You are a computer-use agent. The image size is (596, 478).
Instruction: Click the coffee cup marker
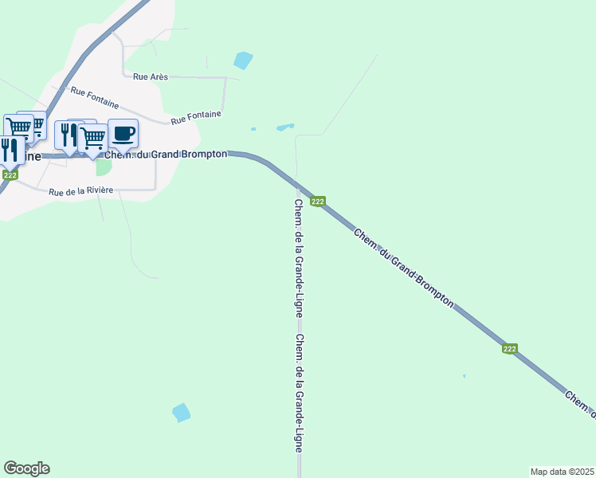pyautogui.click(x=123, y=133)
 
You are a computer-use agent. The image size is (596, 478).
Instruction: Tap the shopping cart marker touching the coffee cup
pyautogui.click(x=93, y=139)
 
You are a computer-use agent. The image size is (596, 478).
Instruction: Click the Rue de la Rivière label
pyautogui.click(x=80, y=191)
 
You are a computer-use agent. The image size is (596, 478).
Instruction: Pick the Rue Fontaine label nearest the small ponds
pyautogui.click(x=195, y=118)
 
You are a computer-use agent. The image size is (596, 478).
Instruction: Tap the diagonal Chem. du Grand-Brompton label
pyautogui.click(x=404, y=268)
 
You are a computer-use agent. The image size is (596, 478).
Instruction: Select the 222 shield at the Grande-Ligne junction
pyautogui.click(x=317, y=202)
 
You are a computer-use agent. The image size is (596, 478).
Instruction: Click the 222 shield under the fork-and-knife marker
pyautogui.click(x=10, y=174)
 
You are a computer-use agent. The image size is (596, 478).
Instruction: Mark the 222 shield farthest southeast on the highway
pyautogui.click(x=510, y=349)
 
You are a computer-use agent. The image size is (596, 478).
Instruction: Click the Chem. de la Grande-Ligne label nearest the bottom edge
pyautogui.click(x=298, y=393)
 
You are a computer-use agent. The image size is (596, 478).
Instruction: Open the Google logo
pyautogui.click(x=26, y=468)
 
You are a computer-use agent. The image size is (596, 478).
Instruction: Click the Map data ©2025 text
pyautogui.click(x=562, y=472)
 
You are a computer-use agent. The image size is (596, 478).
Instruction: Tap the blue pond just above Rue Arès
pyautogui.click(x=243, y=61)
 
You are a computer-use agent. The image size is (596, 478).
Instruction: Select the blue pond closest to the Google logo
pyautogui.click(x=182, y=413)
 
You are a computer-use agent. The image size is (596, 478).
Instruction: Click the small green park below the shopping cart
pyautogui.click(x=104, y=167)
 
